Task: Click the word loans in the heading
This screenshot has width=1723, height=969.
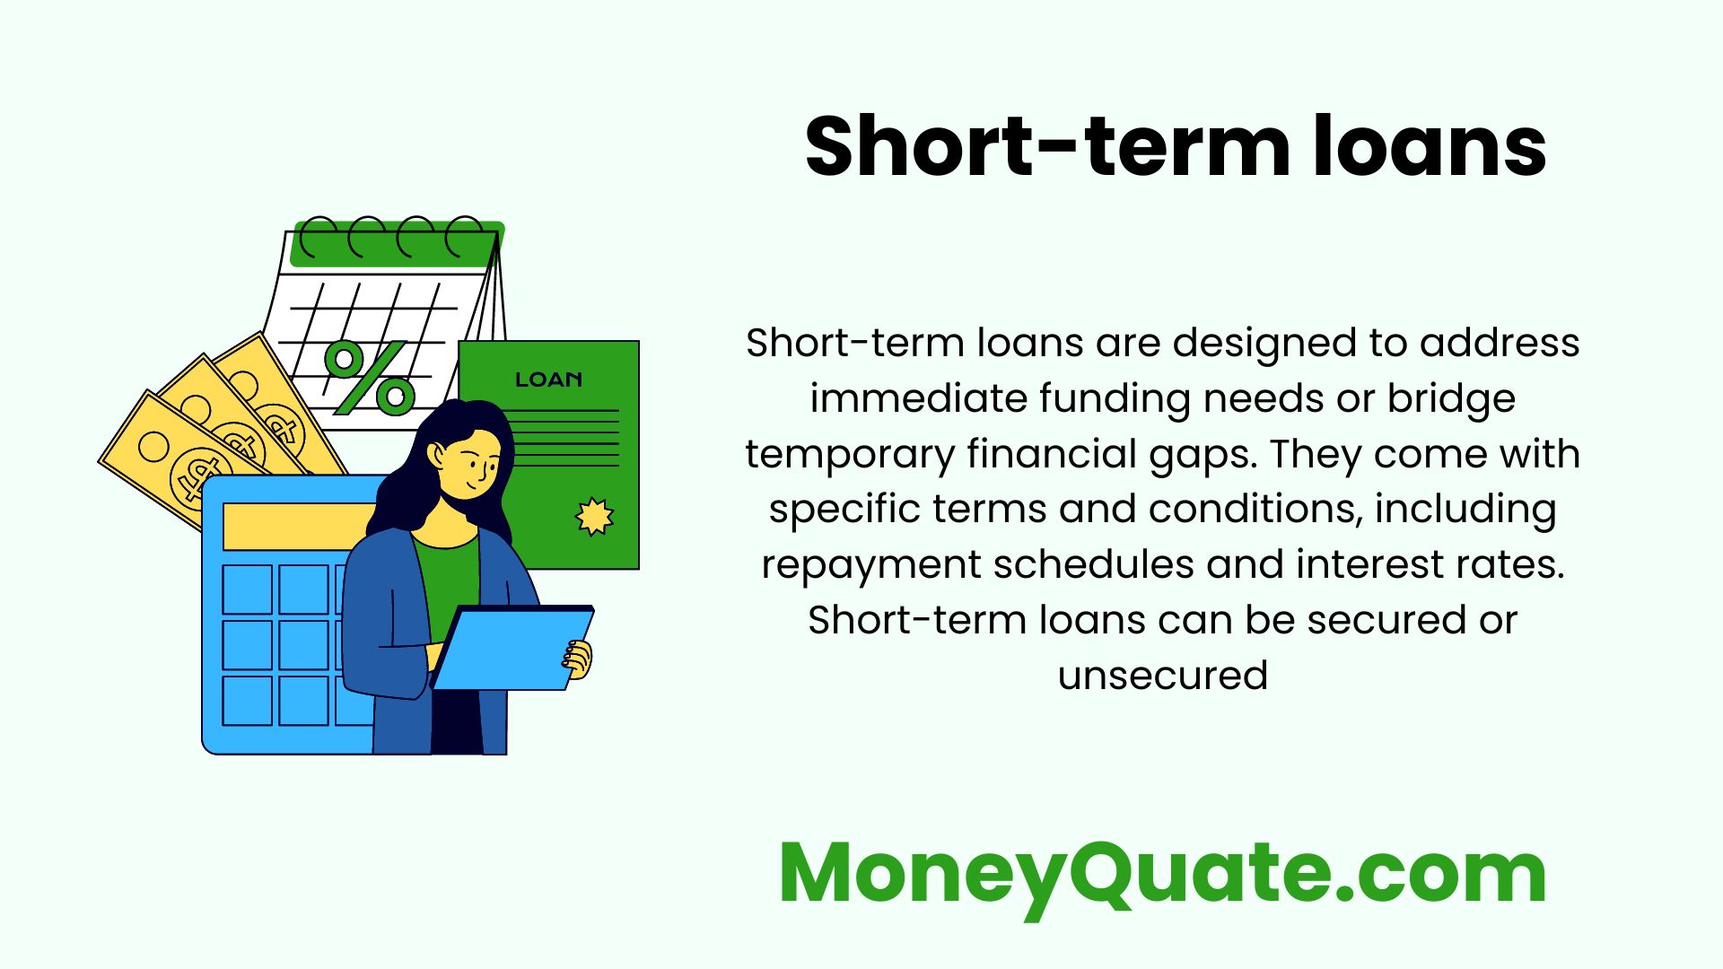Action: (x=1430, y=147)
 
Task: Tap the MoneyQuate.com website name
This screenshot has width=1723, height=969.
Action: (x=1163, y=874)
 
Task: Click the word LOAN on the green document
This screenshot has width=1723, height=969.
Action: (x=548, y=380)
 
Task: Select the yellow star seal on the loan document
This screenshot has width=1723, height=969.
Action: (x=594, y=517)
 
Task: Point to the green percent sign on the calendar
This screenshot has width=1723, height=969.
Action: (x=369, y=377)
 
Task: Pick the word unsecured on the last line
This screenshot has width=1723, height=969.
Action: (x=1163, y=676)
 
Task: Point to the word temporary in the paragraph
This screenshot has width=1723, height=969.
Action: (x=850, y=454)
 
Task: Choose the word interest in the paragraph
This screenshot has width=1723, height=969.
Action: (x=1359, y=565)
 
